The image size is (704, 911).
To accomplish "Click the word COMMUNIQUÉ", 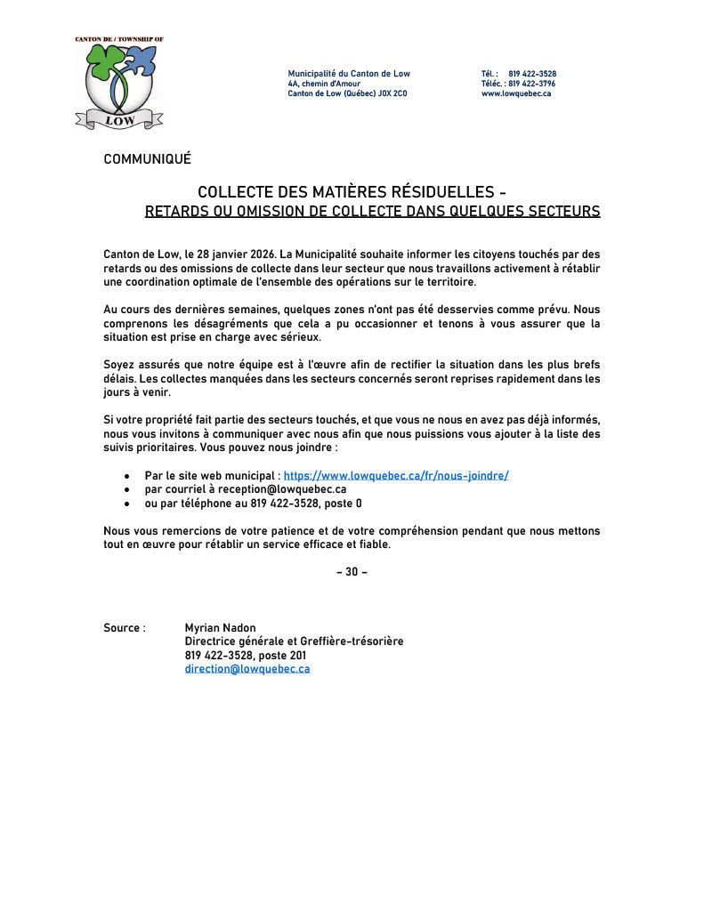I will (147, 159).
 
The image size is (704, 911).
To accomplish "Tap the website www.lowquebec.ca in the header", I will (516, 93).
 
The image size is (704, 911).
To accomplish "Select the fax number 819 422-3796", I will (532, 84).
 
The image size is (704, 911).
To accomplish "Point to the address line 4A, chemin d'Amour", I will (324, 84).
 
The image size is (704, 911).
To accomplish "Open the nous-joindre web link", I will (396, 476).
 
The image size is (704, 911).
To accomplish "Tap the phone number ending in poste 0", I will (306, 504).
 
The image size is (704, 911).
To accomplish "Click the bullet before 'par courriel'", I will (127, 490).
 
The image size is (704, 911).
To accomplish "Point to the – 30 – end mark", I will (352, 572).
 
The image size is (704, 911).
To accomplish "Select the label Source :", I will (125, 628).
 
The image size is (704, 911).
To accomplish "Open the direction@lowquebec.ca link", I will (247, 669).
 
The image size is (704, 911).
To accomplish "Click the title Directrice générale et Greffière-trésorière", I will (294, 641).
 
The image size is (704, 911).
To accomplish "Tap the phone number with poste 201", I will (246, 656).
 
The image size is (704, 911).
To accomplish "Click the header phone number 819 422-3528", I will (532, 74).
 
